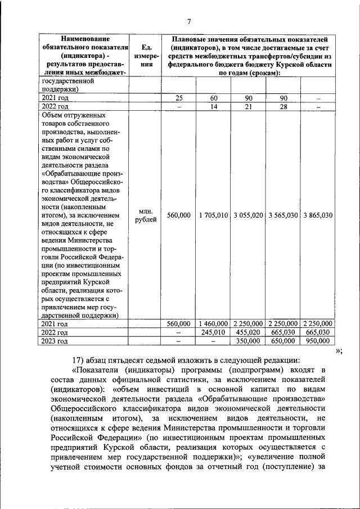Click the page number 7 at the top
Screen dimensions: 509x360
tap(189, 22)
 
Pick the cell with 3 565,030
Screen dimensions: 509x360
tap(283, 215)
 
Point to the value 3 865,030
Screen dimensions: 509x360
tap(318, 215)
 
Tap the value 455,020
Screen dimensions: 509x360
tap(248, 332)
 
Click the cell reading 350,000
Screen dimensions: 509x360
tap(248, 341)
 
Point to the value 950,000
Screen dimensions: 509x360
tap(318, 341)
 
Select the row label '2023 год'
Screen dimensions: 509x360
tap(55, 341)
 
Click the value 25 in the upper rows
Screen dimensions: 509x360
tap(179, 98)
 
